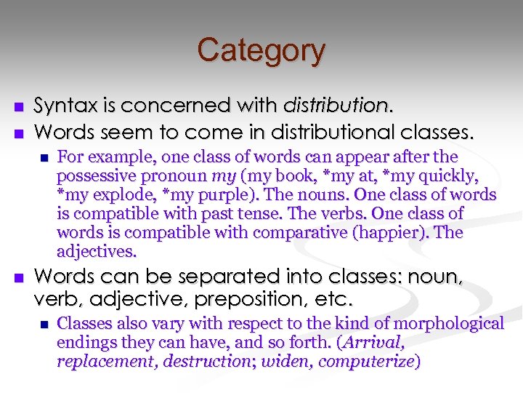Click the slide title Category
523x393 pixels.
click(x=261, y=50)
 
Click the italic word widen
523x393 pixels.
click(x=284, y=361)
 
